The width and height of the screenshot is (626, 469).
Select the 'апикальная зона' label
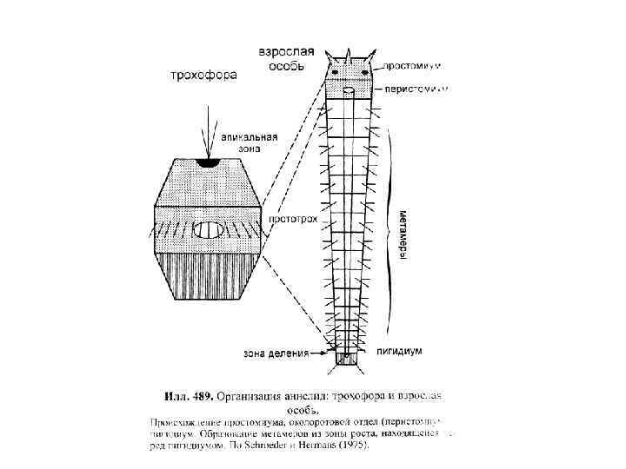point(250,142)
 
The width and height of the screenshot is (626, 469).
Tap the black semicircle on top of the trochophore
point(207,161)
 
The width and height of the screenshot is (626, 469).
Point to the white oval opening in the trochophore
point(208,230)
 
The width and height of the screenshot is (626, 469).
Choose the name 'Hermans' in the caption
point(320,448)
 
